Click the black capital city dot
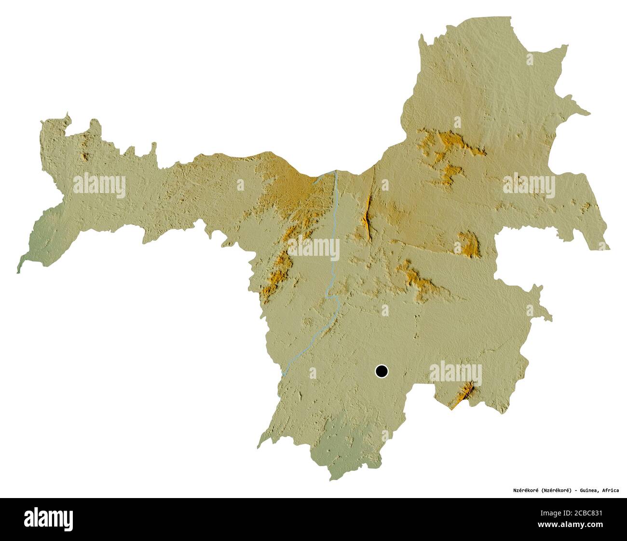coord(382,371)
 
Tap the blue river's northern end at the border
coord(335,171)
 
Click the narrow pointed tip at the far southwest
coord(19,270)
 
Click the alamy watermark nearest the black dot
coord(455,373)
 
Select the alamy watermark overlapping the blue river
coord(313,250)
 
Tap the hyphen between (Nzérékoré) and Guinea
coord(573,490)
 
